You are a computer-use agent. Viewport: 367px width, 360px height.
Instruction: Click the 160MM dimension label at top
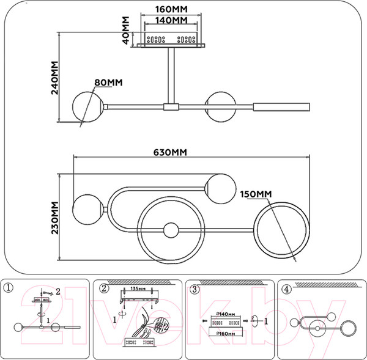pyautogui.click(x=171, y=9)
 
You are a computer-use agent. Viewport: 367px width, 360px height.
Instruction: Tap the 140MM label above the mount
pyautogui.click(x=171, y=20)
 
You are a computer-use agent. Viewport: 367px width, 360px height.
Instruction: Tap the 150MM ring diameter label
pyautogui.click(x=255, y=194)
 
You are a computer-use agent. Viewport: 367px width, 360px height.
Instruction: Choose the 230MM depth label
pyautogui.click(x=54, y=218)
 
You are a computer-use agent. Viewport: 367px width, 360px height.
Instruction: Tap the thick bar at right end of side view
pyautogui.click(x=283, y=106)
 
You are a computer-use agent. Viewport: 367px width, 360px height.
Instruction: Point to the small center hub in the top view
pyautogui.click(x=171, y=231)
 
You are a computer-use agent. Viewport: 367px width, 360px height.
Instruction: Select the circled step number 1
pyautogui.click(x=8, y=288)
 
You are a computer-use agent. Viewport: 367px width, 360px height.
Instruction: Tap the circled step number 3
pyautogui.click(x=194, y=288)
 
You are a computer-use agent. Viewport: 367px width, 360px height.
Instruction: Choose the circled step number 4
pyautogui.click(x=286, y=288)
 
